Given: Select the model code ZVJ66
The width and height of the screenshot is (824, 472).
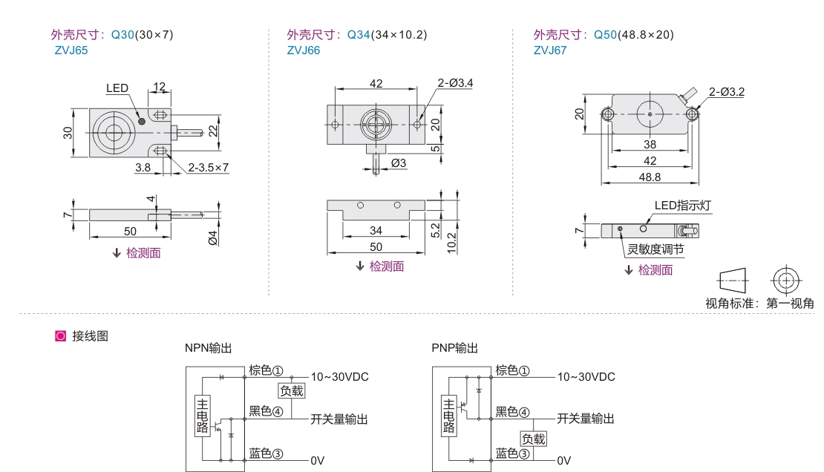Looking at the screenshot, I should pyautogui.click(x=303, y=51).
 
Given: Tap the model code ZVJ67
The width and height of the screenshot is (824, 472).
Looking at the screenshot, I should pyautogui.click(x=549, y=51).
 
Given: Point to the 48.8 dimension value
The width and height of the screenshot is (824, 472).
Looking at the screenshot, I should pyautogui.click(x=650, y=177).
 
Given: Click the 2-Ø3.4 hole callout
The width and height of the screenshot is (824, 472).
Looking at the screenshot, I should pyautogui.click(x=455, y=83).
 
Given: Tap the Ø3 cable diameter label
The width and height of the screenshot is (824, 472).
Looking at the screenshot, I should pyautogui.click(x=398, y=163).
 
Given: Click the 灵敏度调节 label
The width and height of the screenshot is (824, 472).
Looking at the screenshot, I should pyautogui.click(x=655, y=249).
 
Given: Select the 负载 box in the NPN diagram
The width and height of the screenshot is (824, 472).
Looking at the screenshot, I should pyautogui.click(x=291, y=390).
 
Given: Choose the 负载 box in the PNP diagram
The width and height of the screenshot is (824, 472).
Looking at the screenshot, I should pyautogui.click(x=533, y=439).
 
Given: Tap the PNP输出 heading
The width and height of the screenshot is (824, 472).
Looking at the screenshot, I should pyautogui.click(x=454, y=348).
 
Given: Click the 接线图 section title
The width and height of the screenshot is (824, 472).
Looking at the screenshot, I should pyautogui.click(x=91, y=336).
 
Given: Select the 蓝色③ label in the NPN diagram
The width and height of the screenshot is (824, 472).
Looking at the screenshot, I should pyautogui.click(x=267, y=453).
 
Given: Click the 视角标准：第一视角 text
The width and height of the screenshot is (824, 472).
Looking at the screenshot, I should pyautogui.click(x=759, y=304).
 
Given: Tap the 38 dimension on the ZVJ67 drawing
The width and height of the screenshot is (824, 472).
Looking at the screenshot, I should pyautogui.click(x=650, y=145).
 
